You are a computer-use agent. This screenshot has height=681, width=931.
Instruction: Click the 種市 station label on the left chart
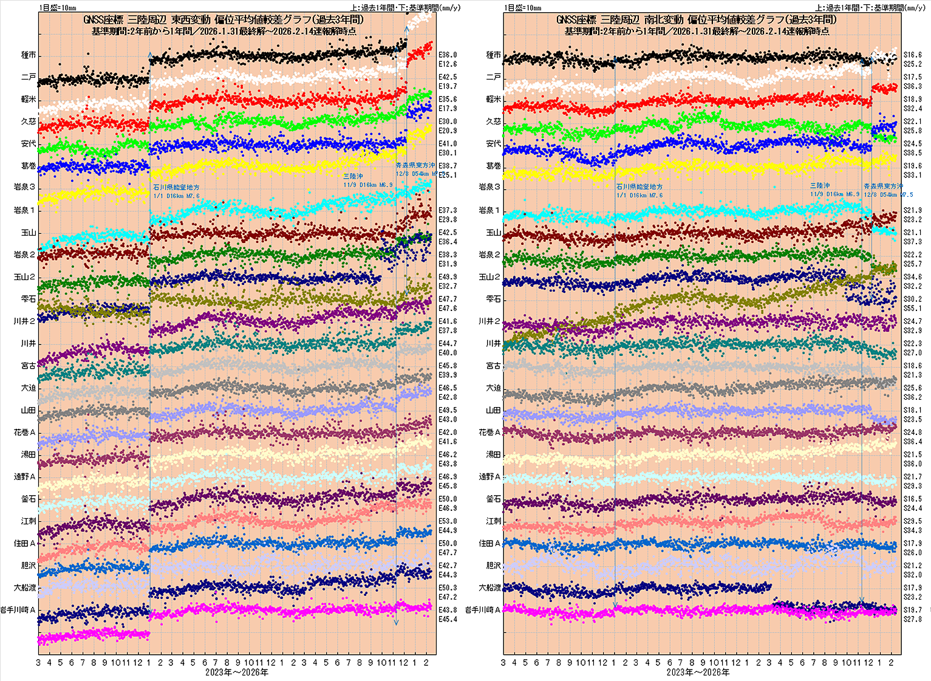[29, 55]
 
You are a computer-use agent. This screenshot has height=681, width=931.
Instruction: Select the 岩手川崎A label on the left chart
[18, 610]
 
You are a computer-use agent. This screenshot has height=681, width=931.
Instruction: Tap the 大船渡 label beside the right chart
[489, 588]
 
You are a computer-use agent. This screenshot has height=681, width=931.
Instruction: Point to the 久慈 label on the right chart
[493, 121]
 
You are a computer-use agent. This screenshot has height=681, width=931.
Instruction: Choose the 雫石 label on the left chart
[29, 299]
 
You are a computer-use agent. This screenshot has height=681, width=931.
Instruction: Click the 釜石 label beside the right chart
[493, 499]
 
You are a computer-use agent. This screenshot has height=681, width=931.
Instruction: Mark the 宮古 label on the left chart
[29, 366]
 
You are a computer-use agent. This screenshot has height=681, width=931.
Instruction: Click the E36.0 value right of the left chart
[448, 55]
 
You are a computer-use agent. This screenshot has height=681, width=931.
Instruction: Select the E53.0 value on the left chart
[448, 521]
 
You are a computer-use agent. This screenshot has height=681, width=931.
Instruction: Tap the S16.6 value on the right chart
[912, 55]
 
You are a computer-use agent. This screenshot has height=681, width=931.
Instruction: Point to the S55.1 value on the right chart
[912, 309]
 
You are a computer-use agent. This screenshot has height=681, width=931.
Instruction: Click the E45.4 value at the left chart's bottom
[448, 619]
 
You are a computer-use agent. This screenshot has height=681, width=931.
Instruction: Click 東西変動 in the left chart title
[191, 20]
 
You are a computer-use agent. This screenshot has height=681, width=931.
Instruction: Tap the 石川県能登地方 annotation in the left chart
[176, 188]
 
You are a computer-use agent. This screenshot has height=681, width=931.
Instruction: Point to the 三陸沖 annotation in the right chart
[819, 185]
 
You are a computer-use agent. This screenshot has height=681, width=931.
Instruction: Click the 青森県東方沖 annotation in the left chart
[415, 165]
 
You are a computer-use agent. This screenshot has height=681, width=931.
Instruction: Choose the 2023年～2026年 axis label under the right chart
[698, 672]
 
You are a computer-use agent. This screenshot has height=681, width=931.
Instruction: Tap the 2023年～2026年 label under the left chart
[236, 672]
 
